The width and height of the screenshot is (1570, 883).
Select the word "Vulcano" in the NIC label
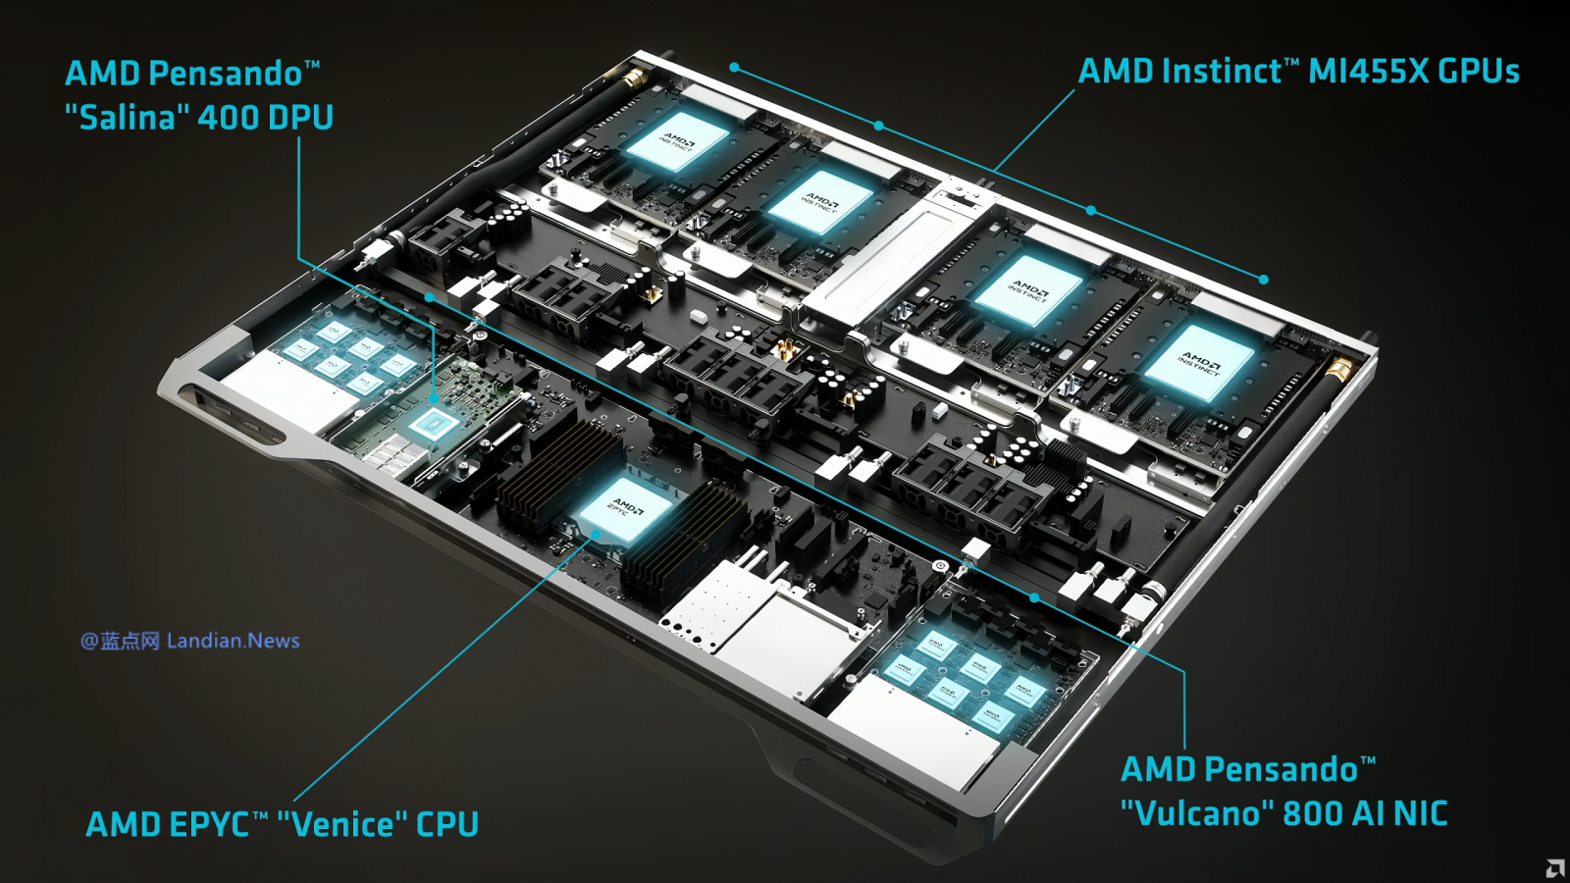tap(1196, 813)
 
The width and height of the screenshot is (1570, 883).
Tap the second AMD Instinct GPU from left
tap(819, 203)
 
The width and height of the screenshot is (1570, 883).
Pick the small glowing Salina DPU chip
tap(432, 425)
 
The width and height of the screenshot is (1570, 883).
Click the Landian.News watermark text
tap(233, 641)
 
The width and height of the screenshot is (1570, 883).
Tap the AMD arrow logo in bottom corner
tap(1555, 868)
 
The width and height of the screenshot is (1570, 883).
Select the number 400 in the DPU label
tap(228, 118)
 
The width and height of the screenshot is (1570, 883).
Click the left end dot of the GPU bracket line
tap(734, 68)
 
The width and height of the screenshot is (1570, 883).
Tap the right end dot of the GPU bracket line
tap(1264, 280)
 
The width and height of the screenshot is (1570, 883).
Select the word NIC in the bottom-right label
tap(1420, 813)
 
